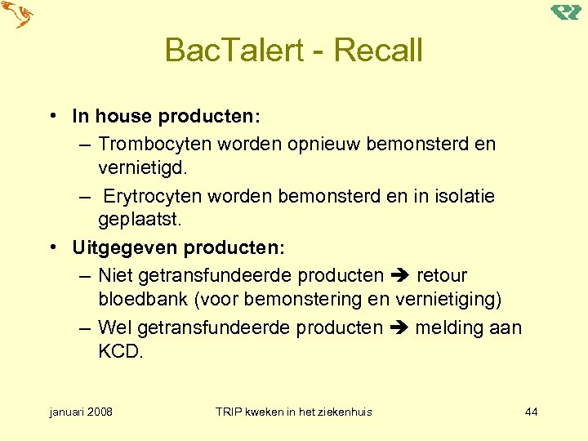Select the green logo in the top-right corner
(x=565, y=11)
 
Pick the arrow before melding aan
(x=399, y=328)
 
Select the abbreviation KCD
(x=120, y=352)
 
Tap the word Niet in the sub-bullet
(x=114, y=276)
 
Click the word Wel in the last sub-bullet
(x=114, y=328)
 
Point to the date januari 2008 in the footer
(x=81, y=412)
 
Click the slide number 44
(x=531, y=412)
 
